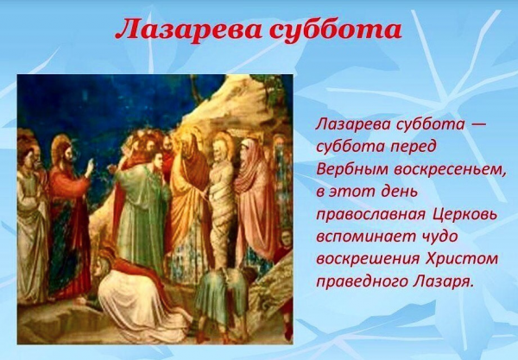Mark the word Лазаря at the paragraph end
(x=439, y=280)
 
